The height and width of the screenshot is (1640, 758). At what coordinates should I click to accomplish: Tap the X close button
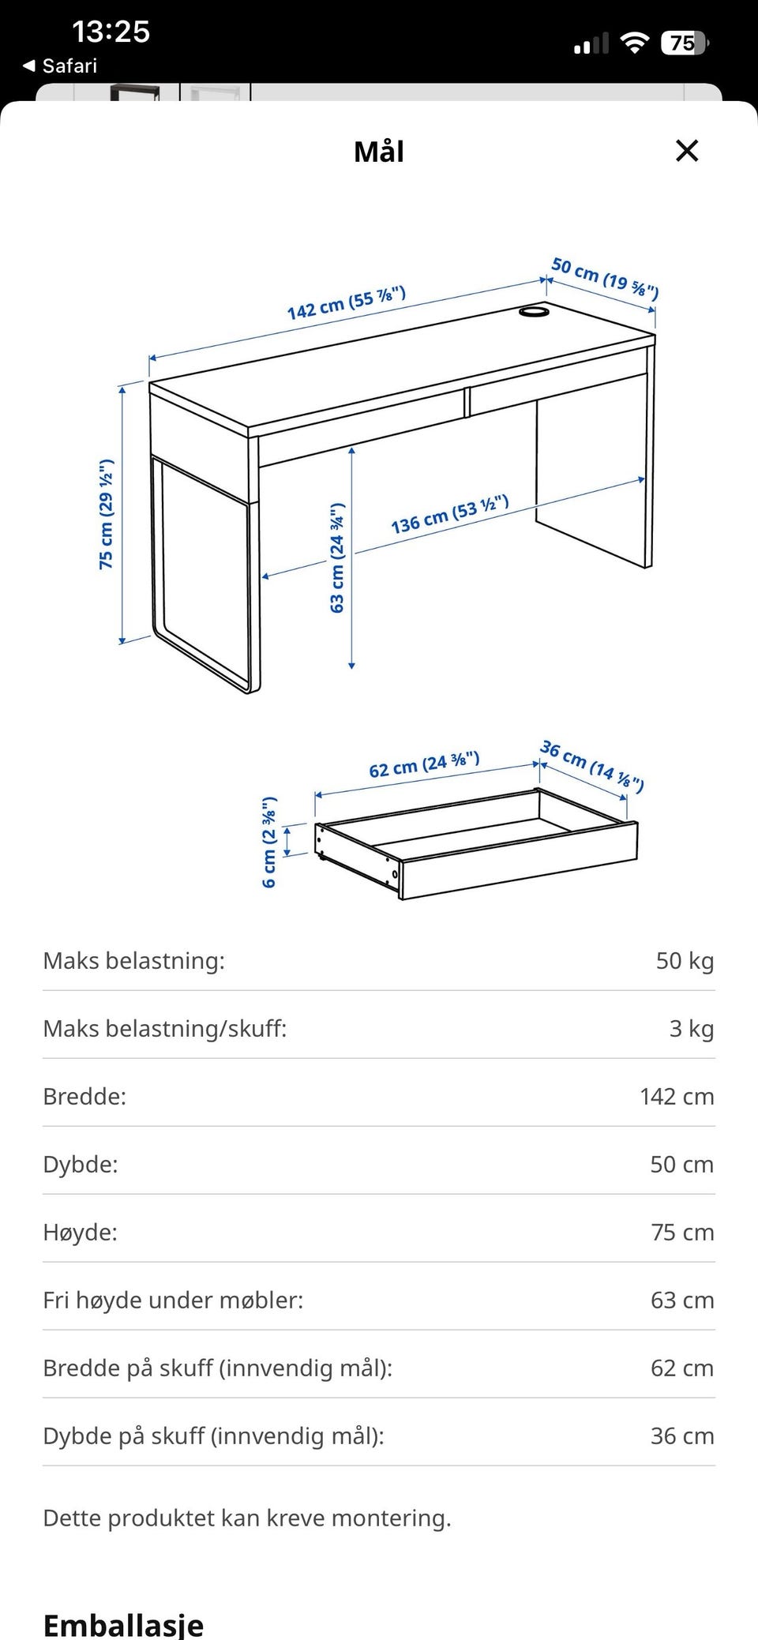[x=687, y=151]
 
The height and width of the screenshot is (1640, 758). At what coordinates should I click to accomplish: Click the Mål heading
[x=379, y=152]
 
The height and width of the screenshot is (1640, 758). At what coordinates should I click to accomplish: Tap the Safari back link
[x=61, y=66]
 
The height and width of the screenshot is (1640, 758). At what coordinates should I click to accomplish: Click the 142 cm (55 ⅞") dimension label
[x=347, y=303]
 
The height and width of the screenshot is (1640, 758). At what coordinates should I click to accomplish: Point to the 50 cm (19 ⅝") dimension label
[x=605, y=278]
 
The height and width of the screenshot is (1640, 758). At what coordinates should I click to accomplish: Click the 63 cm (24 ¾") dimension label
[x=337, y=557]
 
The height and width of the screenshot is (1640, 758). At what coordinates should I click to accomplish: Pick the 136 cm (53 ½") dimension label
[x=449, y=515]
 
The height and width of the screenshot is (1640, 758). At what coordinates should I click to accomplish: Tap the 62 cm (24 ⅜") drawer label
[x=424, y=764]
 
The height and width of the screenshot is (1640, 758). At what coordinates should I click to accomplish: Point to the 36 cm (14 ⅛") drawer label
[x=592, y=765]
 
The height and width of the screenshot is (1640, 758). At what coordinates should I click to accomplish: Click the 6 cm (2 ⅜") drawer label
[x=269, y=842]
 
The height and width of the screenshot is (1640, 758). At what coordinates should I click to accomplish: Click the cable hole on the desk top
[x=534, y=313]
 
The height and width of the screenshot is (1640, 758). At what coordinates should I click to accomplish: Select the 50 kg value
[x=685, y=961]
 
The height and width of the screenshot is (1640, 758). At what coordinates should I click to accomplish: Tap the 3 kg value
[x=692, y=1029]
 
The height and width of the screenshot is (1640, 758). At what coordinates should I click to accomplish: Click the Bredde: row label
[x=84, y=1097]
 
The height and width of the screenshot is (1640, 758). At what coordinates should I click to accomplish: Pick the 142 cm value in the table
[x=677, y=1097]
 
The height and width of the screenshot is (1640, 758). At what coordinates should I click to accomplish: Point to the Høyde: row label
[x=81, y=1233]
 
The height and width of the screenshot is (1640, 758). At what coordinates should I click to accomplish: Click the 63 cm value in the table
[x=682, y=1300]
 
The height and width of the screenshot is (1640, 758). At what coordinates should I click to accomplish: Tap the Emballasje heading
[x=123, y=1625]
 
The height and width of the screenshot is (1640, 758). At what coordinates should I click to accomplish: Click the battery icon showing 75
[x=685, y=43]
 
